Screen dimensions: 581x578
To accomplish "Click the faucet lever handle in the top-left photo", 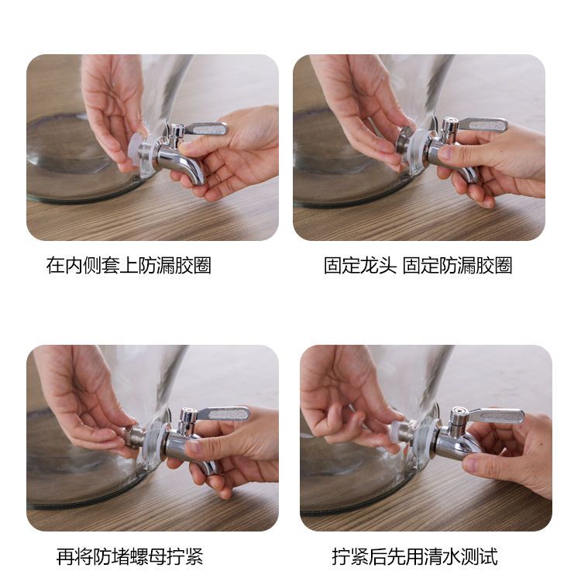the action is coord(205,129).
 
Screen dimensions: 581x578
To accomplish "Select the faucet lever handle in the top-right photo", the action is coord(483,126).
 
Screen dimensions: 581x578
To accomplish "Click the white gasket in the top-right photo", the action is coord(419,146).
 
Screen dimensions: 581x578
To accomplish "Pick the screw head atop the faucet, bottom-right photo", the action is coord(459,411).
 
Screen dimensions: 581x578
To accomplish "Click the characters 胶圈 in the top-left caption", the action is coord(193,266).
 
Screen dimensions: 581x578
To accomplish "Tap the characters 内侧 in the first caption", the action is coord(83,266).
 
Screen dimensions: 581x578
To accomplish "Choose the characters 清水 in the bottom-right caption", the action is coord(442,556).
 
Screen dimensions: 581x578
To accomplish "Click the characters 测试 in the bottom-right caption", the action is coord(479,556).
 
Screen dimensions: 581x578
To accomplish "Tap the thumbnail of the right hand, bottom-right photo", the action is coord(471,464).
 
